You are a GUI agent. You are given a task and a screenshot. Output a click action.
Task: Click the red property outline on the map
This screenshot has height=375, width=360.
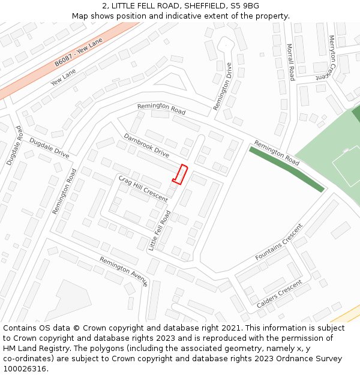pyautogui.click(x=180, y=173)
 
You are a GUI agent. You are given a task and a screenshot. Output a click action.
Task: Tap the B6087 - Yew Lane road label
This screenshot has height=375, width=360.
pyautogui.click(x=79, y=52)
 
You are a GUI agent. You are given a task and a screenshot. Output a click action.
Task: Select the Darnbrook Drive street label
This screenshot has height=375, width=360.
pyautogui.click(x=146, y=145)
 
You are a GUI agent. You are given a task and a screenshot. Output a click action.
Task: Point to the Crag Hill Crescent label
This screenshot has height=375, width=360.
pyautogui.click(x=143, y=188)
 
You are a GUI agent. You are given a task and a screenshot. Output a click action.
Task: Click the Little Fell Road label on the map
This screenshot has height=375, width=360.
pyautogui.click(x=160, y=230)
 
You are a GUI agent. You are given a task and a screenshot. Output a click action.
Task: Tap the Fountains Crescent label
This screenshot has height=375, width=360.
pyautogui.click(x=279, y=243)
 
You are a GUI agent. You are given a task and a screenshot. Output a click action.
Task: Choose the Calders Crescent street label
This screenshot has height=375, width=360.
pyautogui.click(x=279, y=294)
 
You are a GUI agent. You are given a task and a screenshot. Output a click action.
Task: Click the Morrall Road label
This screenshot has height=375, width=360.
pyautogui.click(x=290, y=62)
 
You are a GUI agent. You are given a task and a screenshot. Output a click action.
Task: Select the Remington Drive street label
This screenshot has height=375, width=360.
pyautogui.click(x=223, y=87)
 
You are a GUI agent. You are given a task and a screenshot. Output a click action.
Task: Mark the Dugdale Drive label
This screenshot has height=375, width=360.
pyautogui.click(x=49, y=148)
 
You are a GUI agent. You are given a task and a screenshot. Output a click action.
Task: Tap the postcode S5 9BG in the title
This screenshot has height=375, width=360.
pyautogui.click(x=245, y=6)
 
